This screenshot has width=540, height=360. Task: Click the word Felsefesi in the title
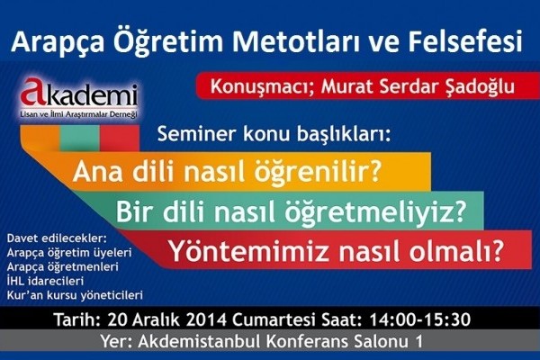(465, 41)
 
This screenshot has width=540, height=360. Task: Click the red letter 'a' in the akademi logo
(31, 92)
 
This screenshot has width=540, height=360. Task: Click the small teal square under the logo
(79, 138)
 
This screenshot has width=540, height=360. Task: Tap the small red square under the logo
(120, 138)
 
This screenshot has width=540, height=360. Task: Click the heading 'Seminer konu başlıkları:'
(274, 134)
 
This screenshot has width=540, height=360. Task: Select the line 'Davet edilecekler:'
(58, 238)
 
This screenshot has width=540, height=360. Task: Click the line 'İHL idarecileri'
(45, 281)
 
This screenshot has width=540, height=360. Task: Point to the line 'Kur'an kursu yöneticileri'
(75, 295)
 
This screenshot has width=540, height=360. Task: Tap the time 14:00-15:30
(419, 319)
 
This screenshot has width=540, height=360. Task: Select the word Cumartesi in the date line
(274, 319)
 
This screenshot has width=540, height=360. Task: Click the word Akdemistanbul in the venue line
(200, 342)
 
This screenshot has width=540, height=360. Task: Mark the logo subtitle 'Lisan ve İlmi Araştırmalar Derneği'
(79, 114)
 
